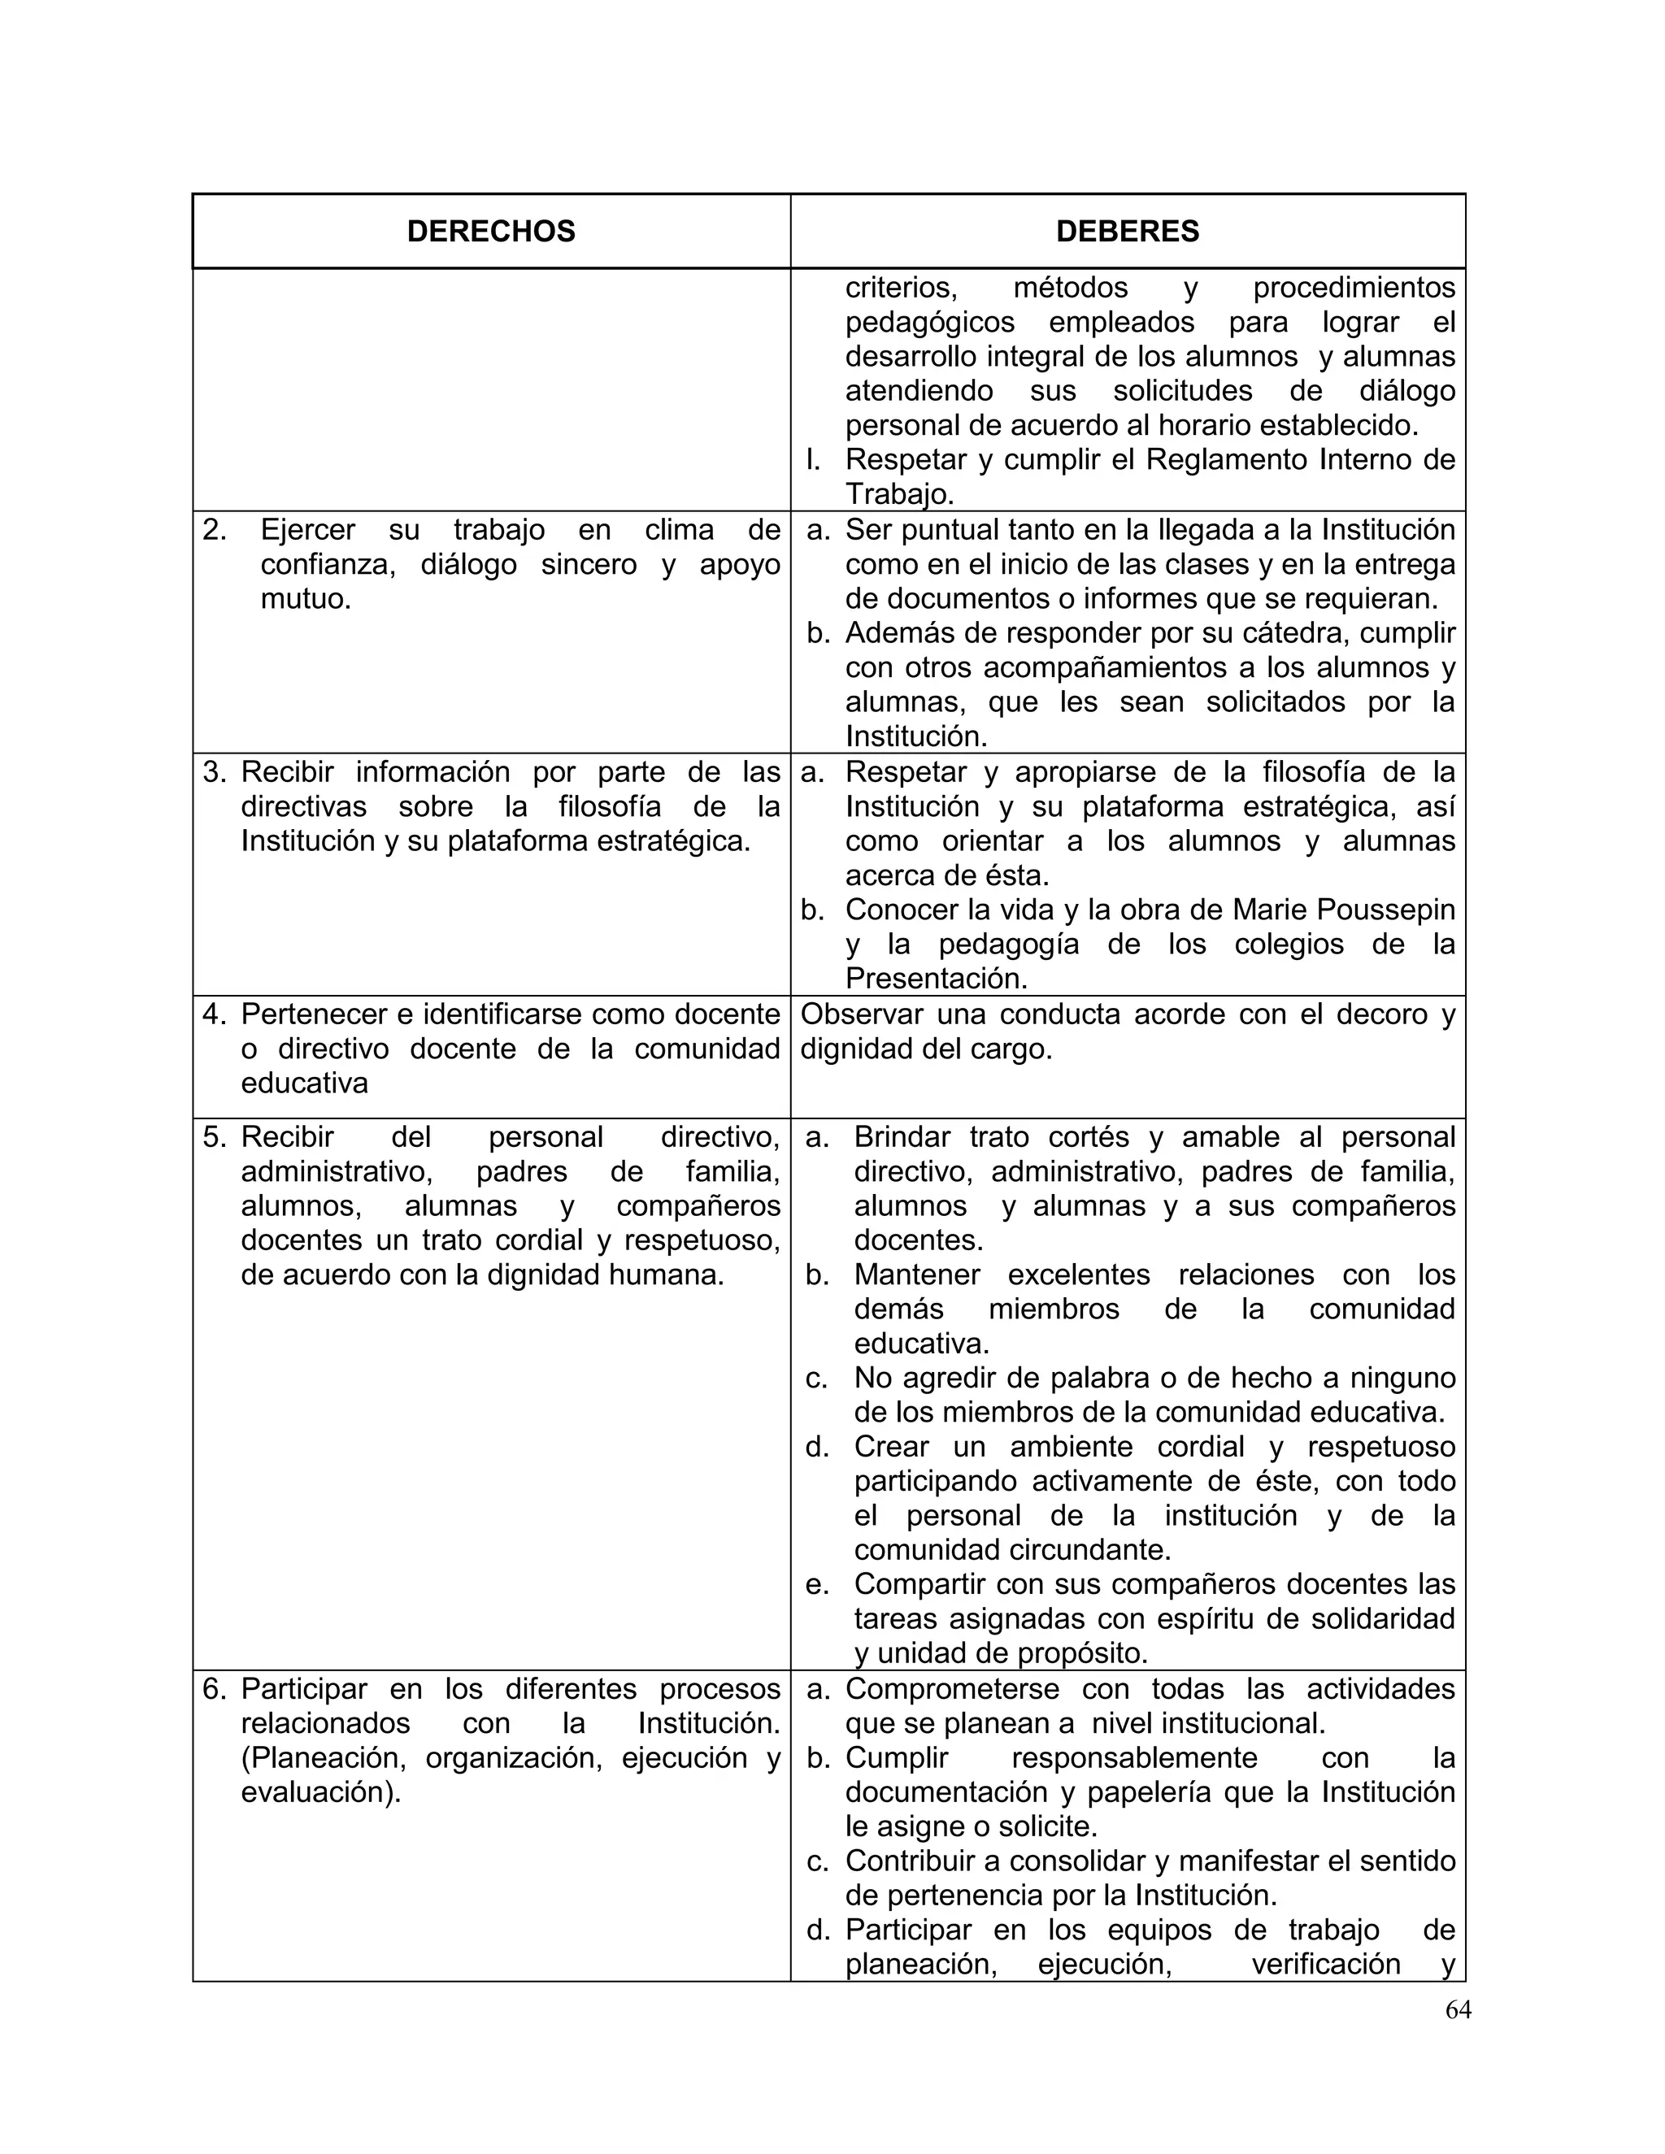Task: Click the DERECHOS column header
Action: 490,231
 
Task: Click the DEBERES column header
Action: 1127,231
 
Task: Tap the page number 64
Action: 1458,2010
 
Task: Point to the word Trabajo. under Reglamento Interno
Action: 898,494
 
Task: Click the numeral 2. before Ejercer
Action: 215,530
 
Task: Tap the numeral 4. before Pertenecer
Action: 215,1014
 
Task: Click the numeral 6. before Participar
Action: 215,1688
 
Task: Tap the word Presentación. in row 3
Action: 936,979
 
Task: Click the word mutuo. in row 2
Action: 306,599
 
